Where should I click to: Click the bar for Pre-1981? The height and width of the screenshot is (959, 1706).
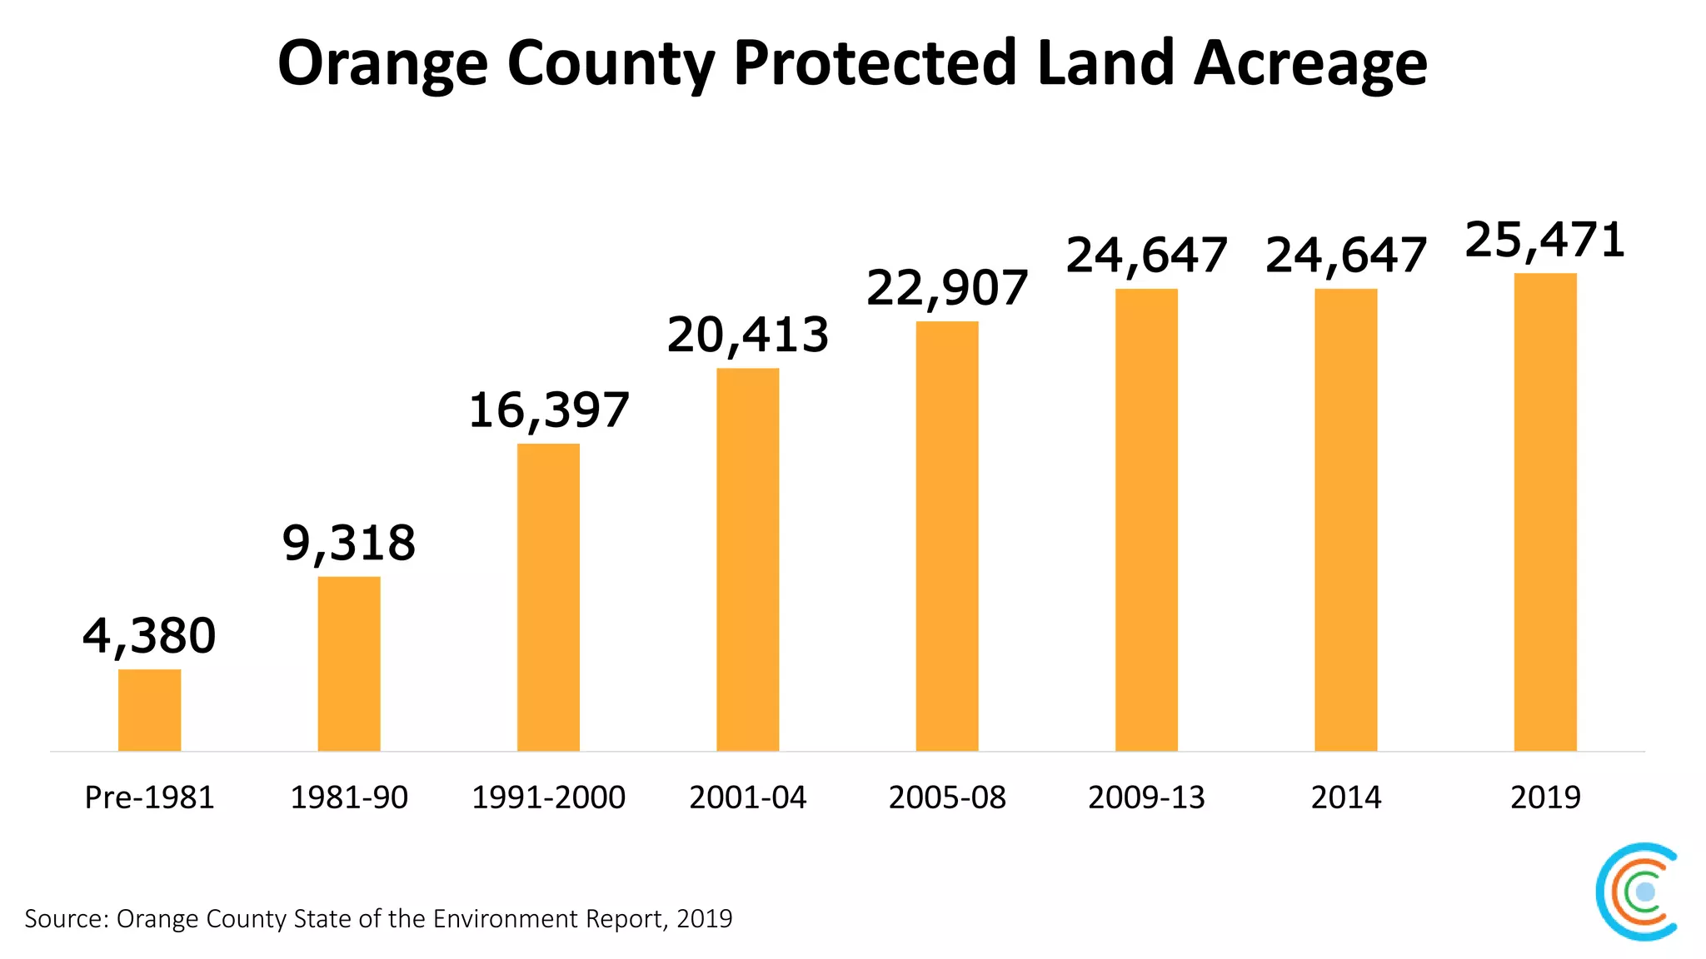149,710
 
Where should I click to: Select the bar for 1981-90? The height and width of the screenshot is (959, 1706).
349,663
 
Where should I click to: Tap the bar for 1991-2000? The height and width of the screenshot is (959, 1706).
548,597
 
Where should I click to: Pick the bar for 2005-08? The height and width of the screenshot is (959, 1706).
947,536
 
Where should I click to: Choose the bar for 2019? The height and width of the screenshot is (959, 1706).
1545,512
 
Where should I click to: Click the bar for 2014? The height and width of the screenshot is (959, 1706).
1346,519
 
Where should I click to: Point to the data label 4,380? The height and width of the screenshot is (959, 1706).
149,637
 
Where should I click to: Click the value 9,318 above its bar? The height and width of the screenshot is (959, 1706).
349,544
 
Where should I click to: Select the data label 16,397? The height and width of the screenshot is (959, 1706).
548,411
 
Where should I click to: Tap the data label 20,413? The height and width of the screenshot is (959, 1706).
747,335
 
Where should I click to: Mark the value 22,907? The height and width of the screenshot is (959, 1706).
947,289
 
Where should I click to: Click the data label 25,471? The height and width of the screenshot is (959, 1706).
1545,241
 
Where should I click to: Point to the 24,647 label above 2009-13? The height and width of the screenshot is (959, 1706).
1146,256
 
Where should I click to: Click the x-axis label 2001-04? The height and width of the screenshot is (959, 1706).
747,798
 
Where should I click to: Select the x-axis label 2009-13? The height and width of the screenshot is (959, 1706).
1146,798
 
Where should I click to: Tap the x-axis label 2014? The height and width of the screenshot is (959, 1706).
1346,798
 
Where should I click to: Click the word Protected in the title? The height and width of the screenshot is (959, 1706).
875,63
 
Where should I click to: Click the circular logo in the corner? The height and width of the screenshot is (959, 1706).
1638,892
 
